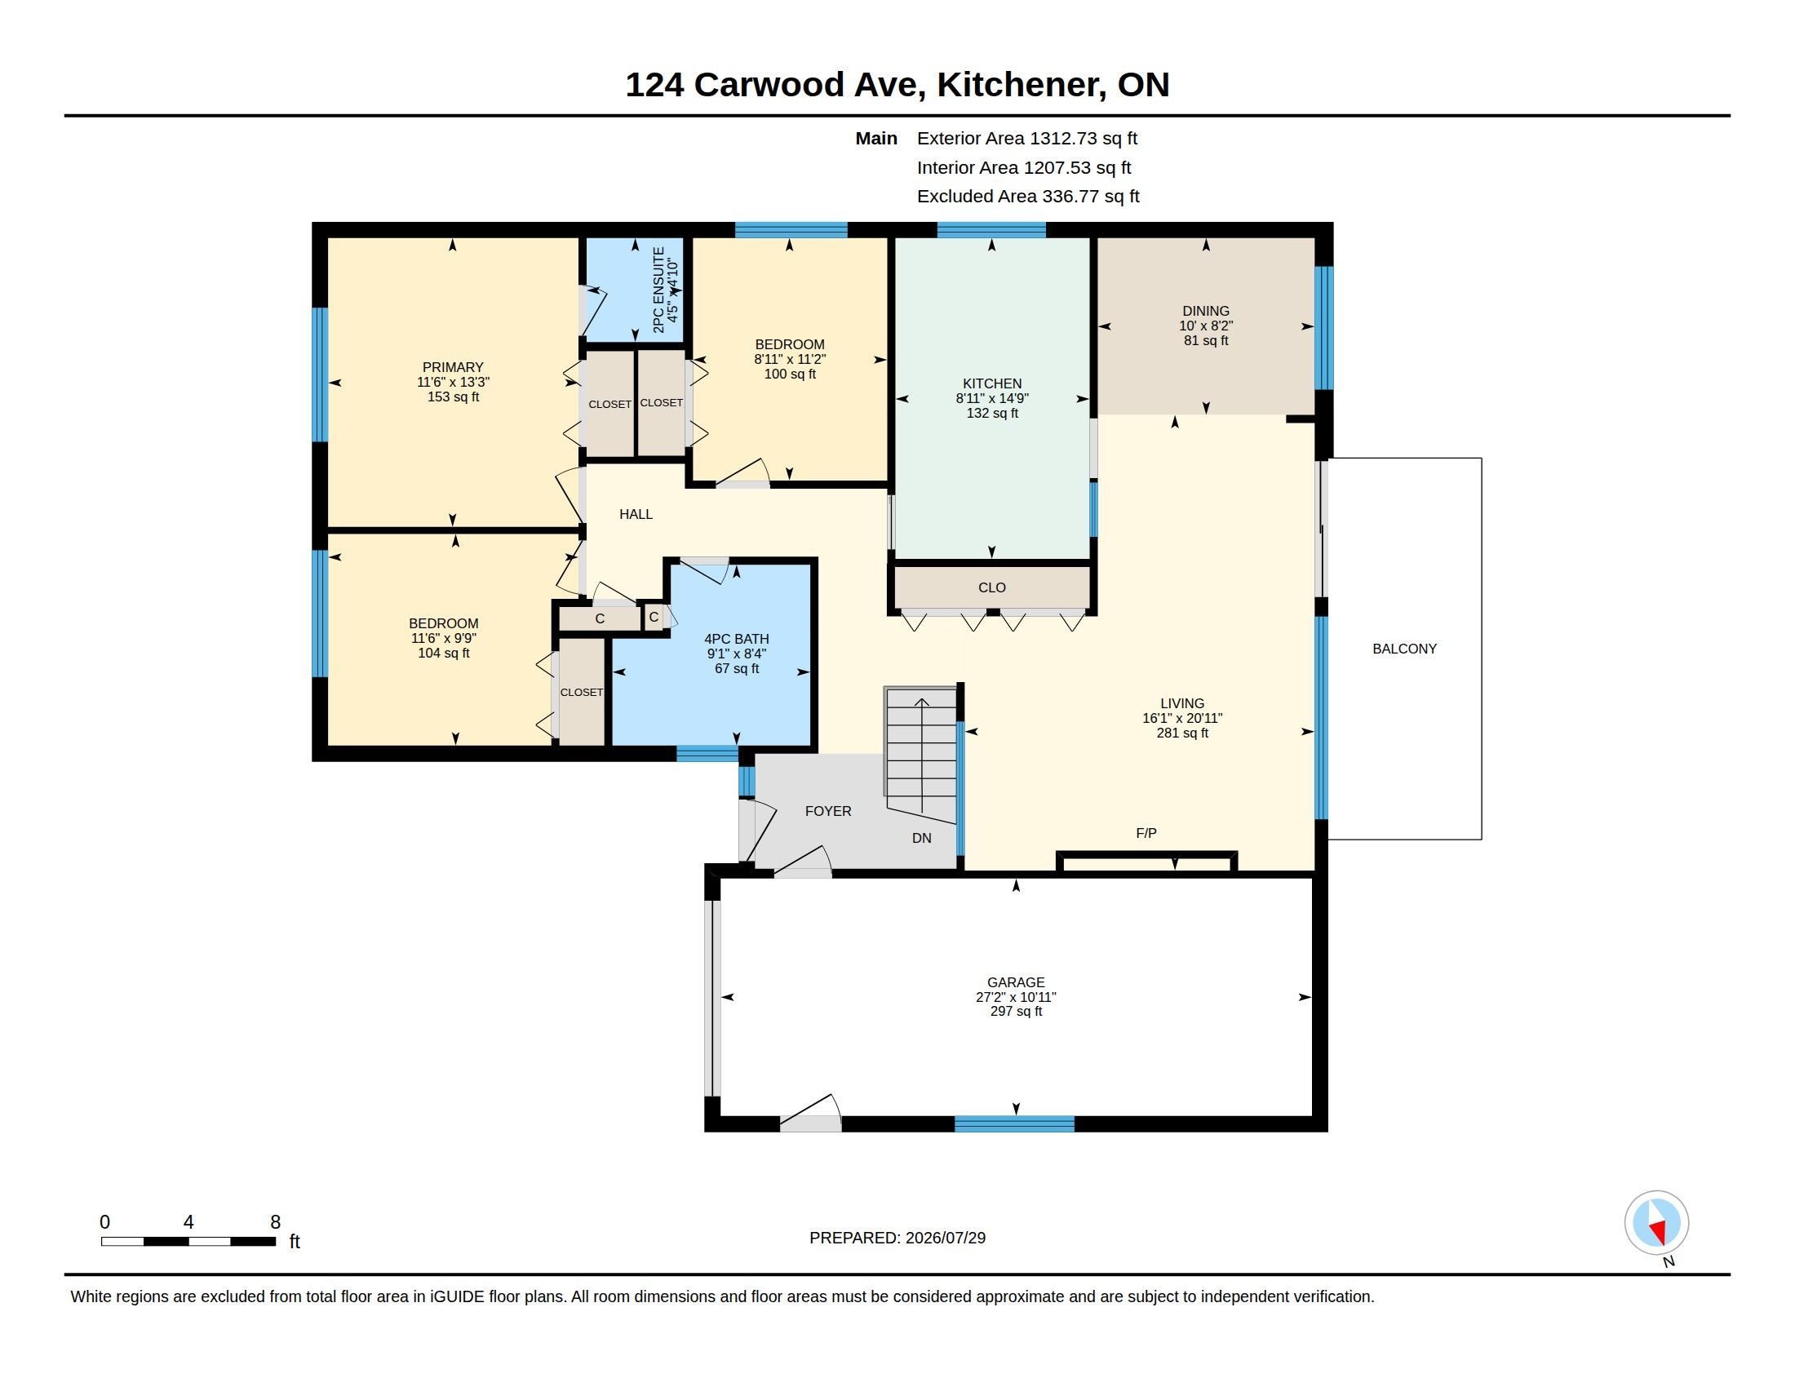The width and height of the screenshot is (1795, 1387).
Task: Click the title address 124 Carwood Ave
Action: pos(775,85)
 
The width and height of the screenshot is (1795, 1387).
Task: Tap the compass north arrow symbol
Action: pos(1656,1222)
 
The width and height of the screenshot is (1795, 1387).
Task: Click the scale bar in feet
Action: pos(188,1241)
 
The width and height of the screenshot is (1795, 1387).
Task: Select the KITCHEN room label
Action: pos(992,383)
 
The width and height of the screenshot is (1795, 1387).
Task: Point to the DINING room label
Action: pos(1206,311)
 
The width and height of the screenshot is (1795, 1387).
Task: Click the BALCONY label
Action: pos(1405,649)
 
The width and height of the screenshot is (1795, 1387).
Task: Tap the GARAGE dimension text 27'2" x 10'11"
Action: pos(1016,997)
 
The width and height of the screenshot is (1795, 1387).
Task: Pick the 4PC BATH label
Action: pos(737,639)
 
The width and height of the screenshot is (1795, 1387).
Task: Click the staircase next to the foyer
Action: pos(920,742)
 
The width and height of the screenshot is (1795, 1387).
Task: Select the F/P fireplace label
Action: pos(1146,833)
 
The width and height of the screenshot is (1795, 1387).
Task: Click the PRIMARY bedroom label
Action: pos(453,367)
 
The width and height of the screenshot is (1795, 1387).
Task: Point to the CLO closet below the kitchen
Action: pos(992,587)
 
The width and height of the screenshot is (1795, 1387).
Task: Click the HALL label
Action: pos(636,514)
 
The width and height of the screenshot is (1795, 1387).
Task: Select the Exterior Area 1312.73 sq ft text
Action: pos(1027,138)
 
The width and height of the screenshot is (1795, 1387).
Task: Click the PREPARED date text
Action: pos(897,1238)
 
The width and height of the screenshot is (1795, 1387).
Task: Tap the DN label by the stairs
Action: pos(921,838)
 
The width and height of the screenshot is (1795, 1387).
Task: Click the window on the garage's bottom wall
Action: pos(1014,1123)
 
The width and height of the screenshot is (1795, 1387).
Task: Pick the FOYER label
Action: pos(827,811)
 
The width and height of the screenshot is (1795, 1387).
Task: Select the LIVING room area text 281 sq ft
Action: pos(1182,733)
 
